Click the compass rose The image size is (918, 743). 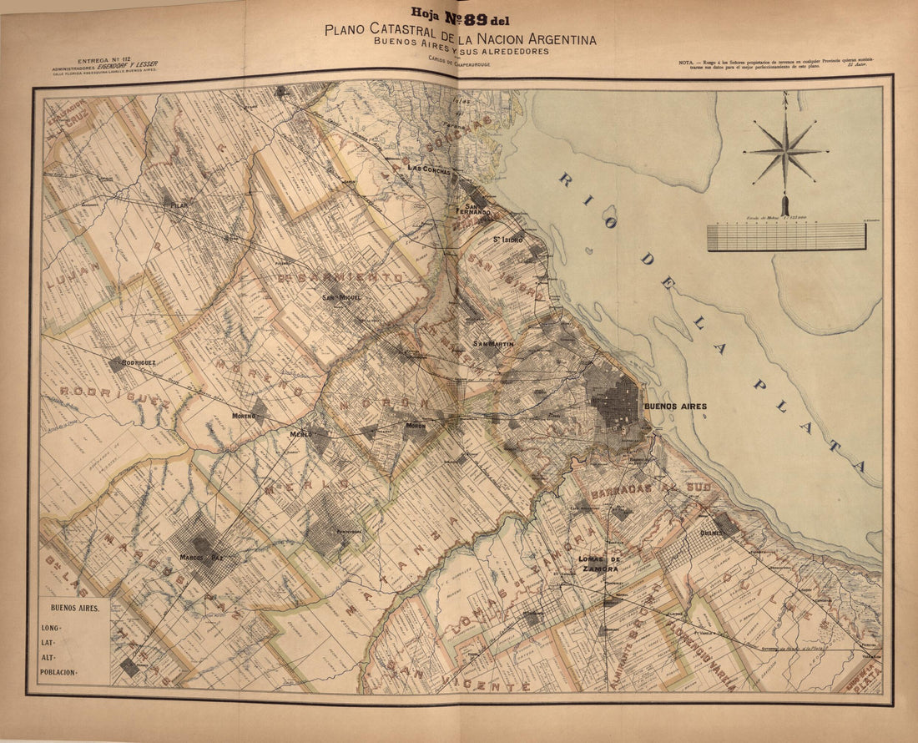784,152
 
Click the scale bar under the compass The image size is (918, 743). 786,236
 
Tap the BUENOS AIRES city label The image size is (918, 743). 674,407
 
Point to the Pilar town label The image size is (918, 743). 179,205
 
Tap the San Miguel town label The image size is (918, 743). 340,297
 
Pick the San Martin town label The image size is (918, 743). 493,344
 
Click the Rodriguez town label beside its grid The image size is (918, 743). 139,363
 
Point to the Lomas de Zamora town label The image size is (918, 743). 600,564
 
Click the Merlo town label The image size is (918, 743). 300,434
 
